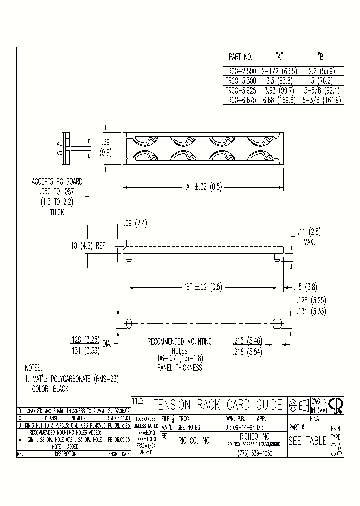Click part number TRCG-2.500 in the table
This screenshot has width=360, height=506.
tap(239, 71)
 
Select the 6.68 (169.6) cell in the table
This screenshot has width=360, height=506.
tap(279, 100)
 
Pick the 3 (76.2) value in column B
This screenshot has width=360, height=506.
tap(321, 80)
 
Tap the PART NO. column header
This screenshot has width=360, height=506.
tap(240, 57)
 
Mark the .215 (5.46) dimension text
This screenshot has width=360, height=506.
tap(248, 341)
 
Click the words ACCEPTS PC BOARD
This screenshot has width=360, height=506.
tap(57, 181)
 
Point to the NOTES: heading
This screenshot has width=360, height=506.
tap(33, 367)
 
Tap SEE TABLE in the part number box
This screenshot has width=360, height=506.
tap(308, 441)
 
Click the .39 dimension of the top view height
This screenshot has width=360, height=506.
tap(106, 142)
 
